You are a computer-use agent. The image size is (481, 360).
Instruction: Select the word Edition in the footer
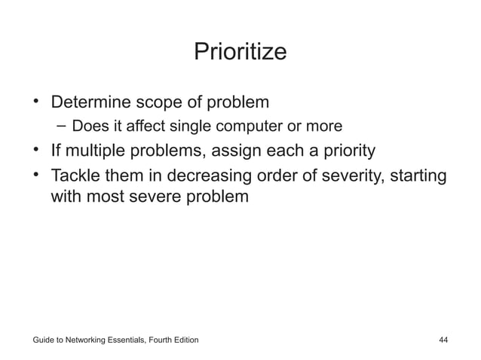point(183,340)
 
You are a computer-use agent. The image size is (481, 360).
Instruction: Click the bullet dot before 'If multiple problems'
point(35,150)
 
